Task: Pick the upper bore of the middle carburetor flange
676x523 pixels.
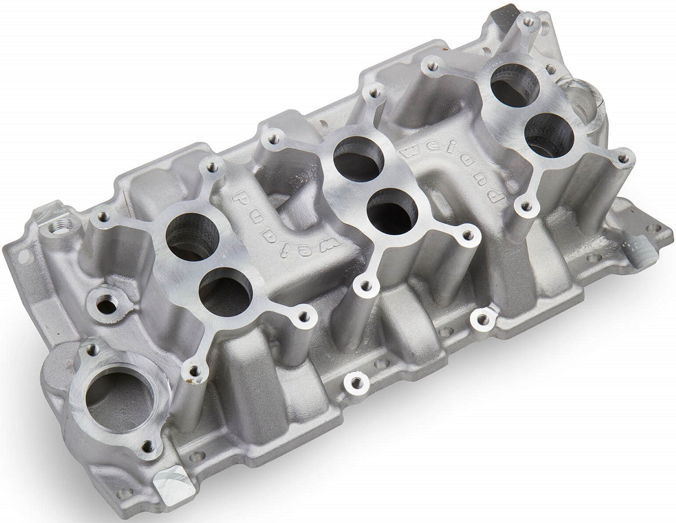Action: tap(359, 159)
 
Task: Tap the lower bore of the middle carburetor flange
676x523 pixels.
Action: tap(392, 211)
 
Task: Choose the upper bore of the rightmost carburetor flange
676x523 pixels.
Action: tap(515, 85)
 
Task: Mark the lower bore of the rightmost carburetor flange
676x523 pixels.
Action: tap(549, 136)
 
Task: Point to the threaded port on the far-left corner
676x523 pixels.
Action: tap(61, 225)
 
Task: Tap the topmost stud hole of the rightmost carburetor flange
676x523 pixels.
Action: tap(528, 23)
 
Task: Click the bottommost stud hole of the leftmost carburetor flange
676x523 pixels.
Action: tap(194, 371)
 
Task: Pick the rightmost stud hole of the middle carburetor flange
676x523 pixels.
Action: tap(468, 235)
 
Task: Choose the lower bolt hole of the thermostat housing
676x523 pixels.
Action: tap(148, 446)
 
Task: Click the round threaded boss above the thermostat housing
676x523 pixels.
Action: tap(106, 304)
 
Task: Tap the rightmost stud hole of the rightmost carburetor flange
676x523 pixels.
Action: tap(623, 159)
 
